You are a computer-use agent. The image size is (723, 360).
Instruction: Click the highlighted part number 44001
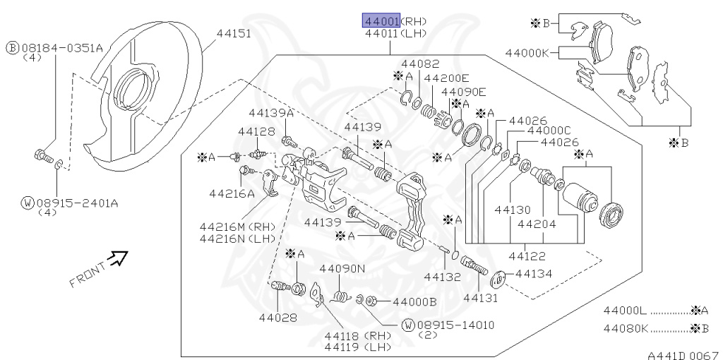pos(381,20)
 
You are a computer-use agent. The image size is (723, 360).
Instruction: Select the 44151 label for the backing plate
pos(233,33)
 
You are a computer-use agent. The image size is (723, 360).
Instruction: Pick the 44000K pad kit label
pos(527,52)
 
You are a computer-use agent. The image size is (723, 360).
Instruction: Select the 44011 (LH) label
pos(382,32)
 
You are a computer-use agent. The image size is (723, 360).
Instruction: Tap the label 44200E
pos(446,78)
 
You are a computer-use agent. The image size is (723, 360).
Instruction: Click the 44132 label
pos(442,277)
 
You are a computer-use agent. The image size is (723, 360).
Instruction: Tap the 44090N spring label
pos(342,268)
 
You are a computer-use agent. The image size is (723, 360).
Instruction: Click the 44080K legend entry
pos(625,328)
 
